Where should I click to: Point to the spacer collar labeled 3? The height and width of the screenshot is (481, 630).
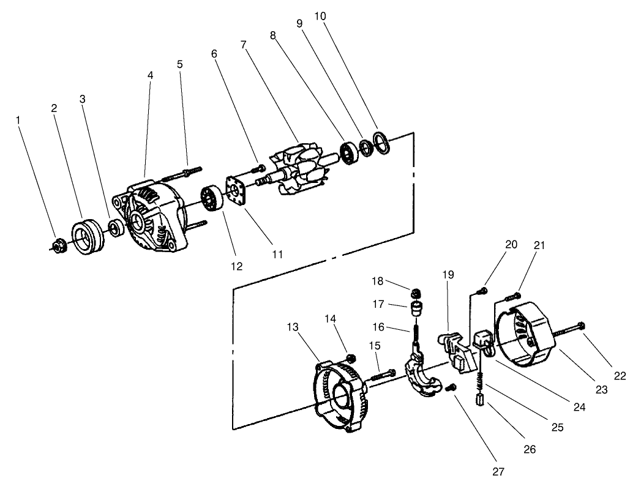114,229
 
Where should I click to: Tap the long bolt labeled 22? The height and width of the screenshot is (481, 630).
569,329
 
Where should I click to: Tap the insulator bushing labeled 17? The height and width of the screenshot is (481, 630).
416,306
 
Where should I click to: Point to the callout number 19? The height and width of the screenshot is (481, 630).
449,275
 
